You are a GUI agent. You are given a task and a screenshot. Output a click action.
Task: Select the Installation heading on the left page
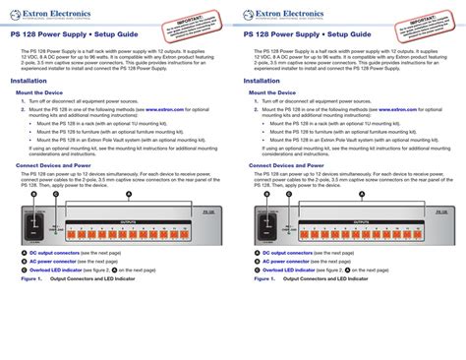click(x=29, y=81)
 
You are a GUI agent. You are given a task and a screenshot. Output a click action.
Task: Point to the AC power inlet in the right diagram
click(x=262, y=224)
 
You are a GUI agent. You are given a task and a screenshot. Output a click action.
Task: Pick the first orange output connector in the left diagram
click(x=72, y=234)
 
